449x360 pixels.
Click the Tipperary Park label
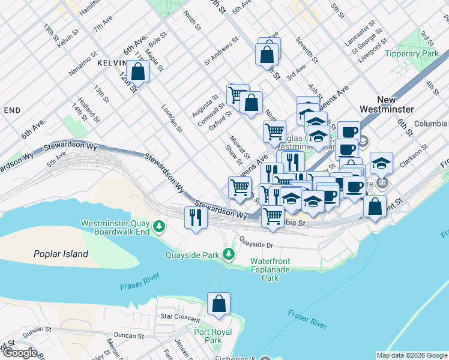click(413, 53)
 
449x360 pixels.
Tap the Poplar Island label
click(61, 254)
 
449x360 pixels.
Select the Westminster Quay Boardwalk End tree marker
click(159, 226)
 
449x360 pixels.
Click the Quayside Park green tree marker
click(229, 254)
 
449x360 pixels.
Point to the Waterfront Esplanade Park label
click(271, 270)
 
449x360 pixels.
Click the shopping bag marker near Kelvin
click(138, 71)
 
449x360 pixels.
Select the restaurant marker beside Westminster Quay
click(195, 217)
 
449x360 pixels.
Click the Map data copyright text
click(411, 355)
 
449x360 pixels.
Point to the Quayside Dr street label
click(256, 245)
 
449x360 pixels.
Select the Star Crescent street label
click(179, 316)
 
